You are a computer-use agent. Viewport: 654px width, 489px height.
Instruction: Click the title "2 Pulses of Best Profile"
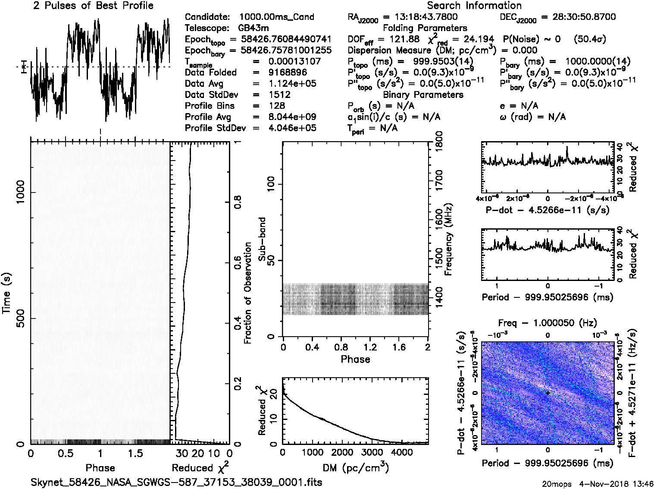[x=93, y=6]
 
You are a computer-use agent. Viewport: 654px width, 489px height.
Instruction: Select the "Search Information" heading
[x=474, y=6]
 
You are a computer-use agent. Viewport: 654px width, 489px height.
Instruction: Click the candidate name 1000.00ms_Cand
[x=276, y=17]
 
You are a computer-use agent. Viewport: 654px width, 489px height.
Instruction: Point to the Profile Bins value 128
[x=276, y=106]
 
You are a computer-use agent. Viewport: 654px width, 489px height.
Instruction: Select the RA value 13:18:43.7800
[x=420, y=17]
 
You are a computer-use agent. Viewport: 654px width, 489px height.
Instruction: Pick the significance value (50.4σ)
[x=590, y=39]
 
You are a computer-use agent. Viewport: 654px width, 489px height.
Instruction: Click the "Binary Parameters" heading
[x=423, y=95]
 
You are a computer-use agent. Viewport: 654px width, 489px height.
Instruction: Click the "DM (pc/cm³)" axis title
[x=355, y=468]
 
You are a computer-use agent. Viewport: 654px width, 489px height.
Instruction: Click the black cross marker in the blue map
[x=548, y=393]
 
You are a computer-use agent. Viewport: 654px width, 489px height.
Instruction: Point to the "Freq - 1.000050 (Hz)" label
[x=548, y=323]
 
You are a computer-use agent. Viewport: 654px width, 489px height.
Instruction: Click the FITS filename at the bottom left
[x=176, y=482]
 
